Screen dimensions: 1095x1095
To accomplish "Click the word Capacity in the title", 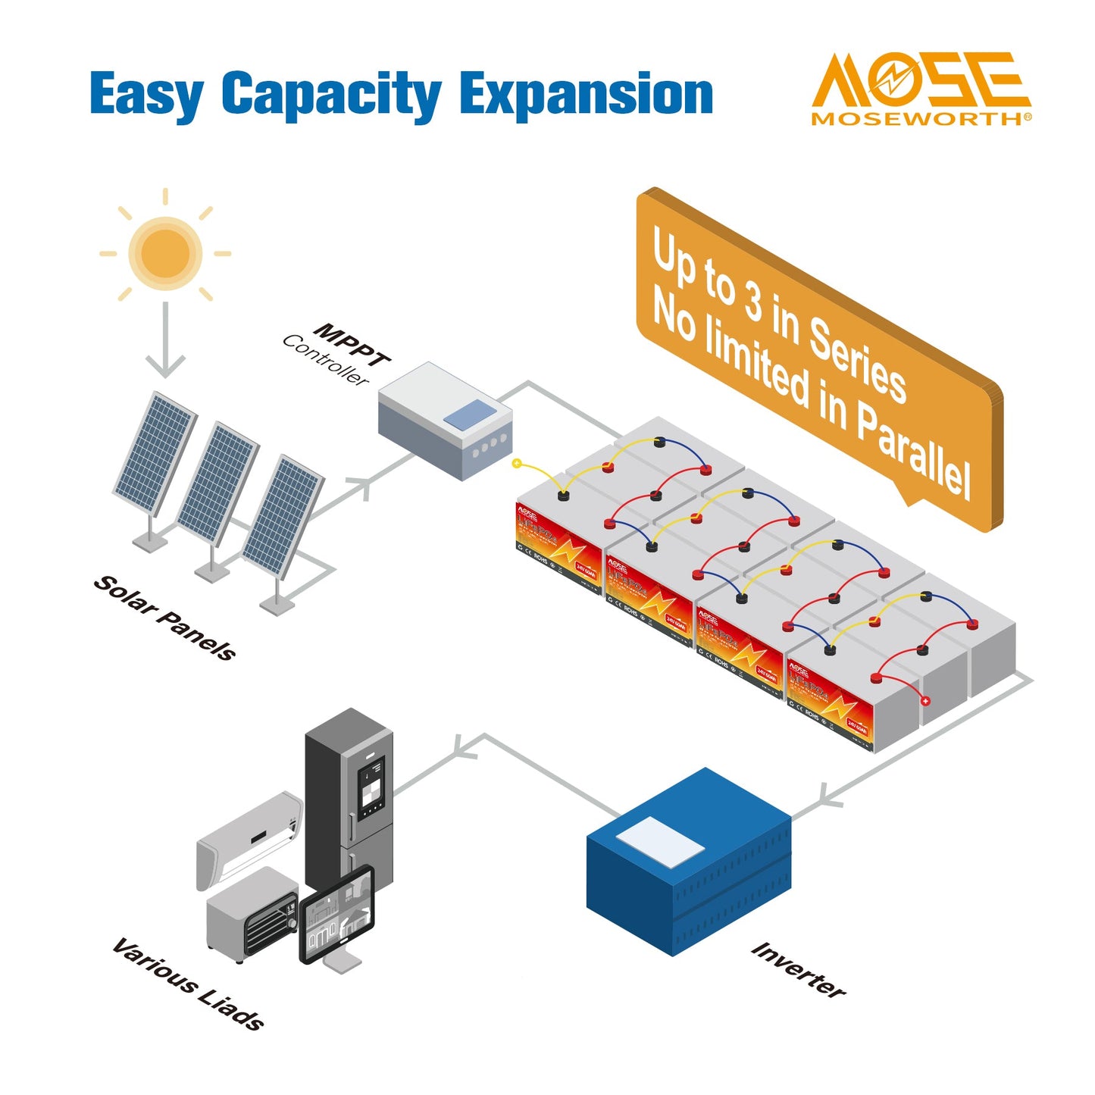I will coord(331,95).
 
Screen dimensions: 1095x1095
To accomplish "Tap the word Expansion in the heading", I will coord(586,95).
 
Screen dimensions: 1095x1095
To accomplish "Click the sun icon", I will coord(165,252).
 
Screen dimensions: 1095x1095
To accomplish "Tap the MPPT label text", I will coord(353,346).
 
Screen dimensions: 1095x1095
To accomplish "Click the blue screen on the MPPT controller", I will coord(470,416).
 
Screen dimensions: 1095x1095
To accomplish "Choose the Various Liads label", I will coord(188,984).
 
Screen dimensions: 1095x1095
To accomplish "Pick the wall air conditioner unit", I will coord(249,837).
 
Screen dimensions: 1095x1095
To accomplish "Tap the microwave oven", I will coord(252,914).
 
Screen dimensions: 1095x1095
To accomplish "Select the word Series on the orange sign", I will coord(857,358).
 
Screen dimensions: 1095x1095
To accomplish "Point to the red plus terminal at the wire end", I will coord(925,701).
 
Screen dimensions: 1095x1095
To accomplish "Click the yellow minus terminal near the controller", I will coord(517,463).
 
